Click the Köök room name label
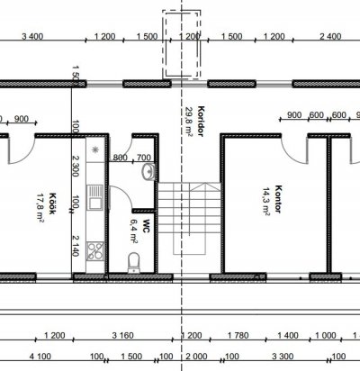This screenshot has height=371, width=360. coord(52,204)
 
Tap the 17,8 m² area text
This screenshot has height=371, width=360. coord(40,208)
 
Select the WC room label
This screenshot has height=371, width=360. coord(146,226)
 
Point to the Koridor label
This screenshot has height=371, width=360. coord(201,121)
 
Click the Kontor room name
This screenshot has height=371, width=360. coord(278,199)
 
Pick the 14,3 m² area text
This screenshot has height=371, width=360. coord(266,202)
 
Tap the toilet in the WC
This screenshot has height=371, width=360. coord(134,262)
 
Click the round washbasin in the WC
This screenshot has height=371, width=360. coord(148,172)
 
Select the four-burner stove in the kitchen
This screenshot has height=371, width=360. coord(95,251)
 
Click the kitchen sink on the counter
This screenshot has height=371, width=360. coord(95,197)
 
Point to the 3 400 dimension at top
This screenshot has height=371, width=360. coord(32,37)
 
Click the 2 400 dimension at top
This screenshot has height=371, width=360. coord(330,37)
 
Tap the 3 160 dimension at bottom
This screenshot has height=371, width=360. coord(122,335)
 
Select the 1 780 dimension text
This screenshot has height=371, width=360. coord(238,335)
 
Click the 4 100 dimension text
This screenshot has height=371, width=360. coord(40,357)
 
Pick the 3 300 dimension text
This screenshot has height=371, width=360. coord(283,357)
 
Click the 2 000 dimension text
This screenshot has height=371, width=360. coord(196,357)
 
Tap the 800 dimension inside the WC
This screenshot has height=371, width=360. coord(121,158)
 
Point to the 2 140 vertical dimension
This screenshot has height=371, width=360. coord(76,246)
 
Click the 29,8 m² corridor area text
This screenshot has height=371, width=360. coord(189,122)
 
